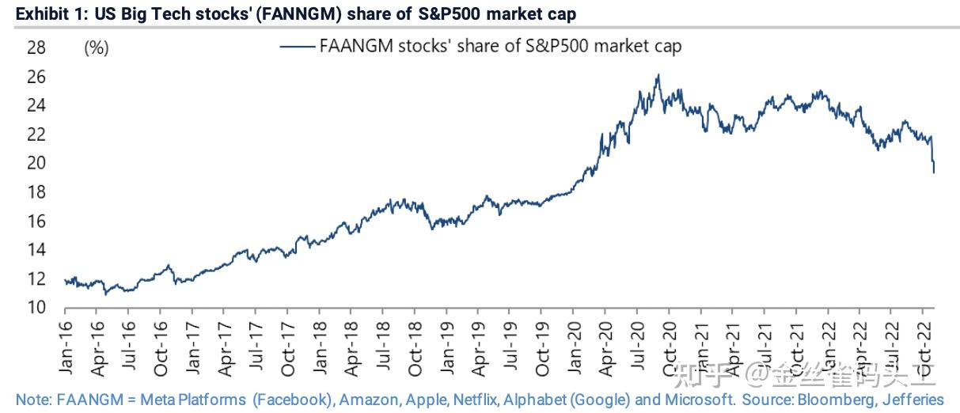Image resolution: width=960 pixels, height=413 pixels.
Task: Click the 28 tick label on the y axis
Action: point(36,48)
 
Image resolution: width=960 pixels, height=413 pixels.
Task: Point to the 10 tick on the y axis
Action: point(36,309)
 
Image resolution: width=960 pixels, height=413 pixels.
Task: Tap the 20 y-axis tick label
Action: point(36,164)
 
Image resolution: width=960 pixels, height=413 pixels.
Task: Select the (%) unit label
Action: point(96,48)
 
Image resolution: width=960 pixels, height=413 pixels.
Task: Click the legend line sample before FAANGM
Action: point(297,47)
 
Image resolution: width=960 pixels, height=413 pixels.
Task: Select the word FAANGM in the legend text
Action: point(353,46)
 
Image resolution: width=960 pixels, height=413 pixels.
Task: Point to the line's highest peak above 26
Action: point(658,76)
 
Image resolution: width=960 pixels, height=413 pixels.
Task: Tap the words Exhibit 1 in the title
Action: point(33,13)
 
